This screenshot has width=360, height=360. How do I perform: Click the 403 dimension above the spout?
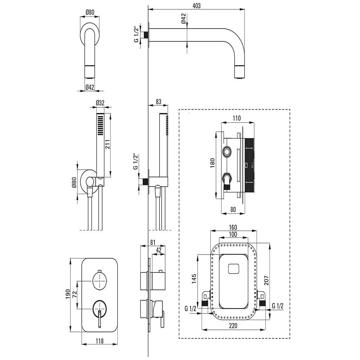(197, 5)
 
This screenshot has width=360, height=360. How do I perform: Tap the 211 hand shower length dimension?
(108, 144)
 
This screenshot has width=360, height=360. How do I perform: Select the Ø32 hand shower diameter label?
(100, 103)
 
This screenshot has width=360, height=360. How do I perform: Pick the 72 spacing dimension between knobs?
(75, 294)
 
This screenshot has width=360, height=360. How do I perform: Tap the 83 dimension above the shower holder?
(158, 102)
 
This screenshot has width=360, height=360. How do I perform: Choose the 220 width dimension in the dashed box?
(233, 325)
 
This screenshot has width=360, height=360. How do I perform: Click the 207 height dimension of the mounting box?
(266, 280)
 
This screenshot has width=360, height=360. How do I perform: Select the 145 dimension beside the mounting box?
(194, 279)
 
